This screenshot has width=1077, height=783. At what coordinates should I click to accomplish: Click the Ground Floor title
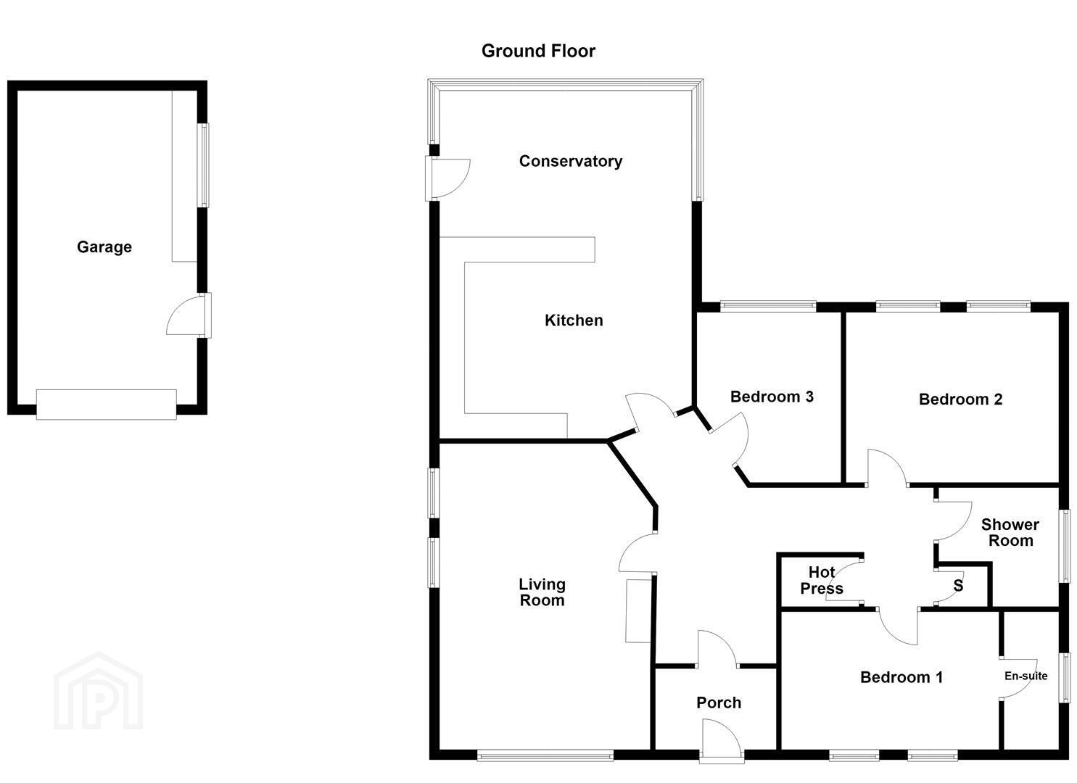(x=538, y=51)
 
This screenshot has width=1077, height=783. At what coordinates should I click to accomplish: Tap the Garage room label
(x=104, y=247)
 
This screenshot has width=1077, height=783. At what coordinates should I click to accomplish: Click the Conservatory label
(x=571, y=161)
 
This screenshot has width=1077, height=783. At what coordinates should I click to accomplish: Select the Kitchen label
(x=574, y=320)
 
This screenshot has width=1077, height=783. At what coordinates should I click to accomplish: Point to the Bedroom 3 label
(x=772, y=397)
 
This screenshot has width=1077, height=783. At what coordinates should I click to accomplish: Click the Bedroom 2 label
(x=960, y=399)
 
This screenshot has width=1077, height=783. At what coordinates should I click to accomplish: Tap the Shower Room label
(x=1010, y=532)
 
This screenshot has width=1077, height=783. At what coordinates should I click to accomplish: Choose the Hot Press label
(x=822, y=580)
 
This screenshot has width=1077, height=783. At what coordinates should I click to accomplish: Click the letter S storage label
(x=958, y=586)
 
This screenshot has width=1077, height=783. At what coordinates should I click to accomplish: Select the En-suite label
(x=1026, y=676)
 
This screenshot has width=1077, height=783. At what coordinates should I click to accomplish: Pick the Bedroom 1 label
(x=901, y=677)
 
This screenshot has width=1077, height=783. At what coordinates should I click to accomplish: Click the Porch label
(x=719, y=703)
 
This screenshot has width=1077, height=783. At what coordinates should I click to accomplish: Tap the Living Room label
(x=542, y=592)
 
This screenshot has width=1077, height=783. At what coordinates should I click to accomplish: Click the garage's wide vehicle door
(x=107, y=405)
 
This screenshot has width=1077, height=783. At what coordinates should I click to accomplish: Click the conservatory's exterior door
(x=447, y=178)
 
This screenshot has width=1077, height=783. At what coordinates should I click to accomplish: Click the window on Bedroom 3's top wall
(x=768, y=306)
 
